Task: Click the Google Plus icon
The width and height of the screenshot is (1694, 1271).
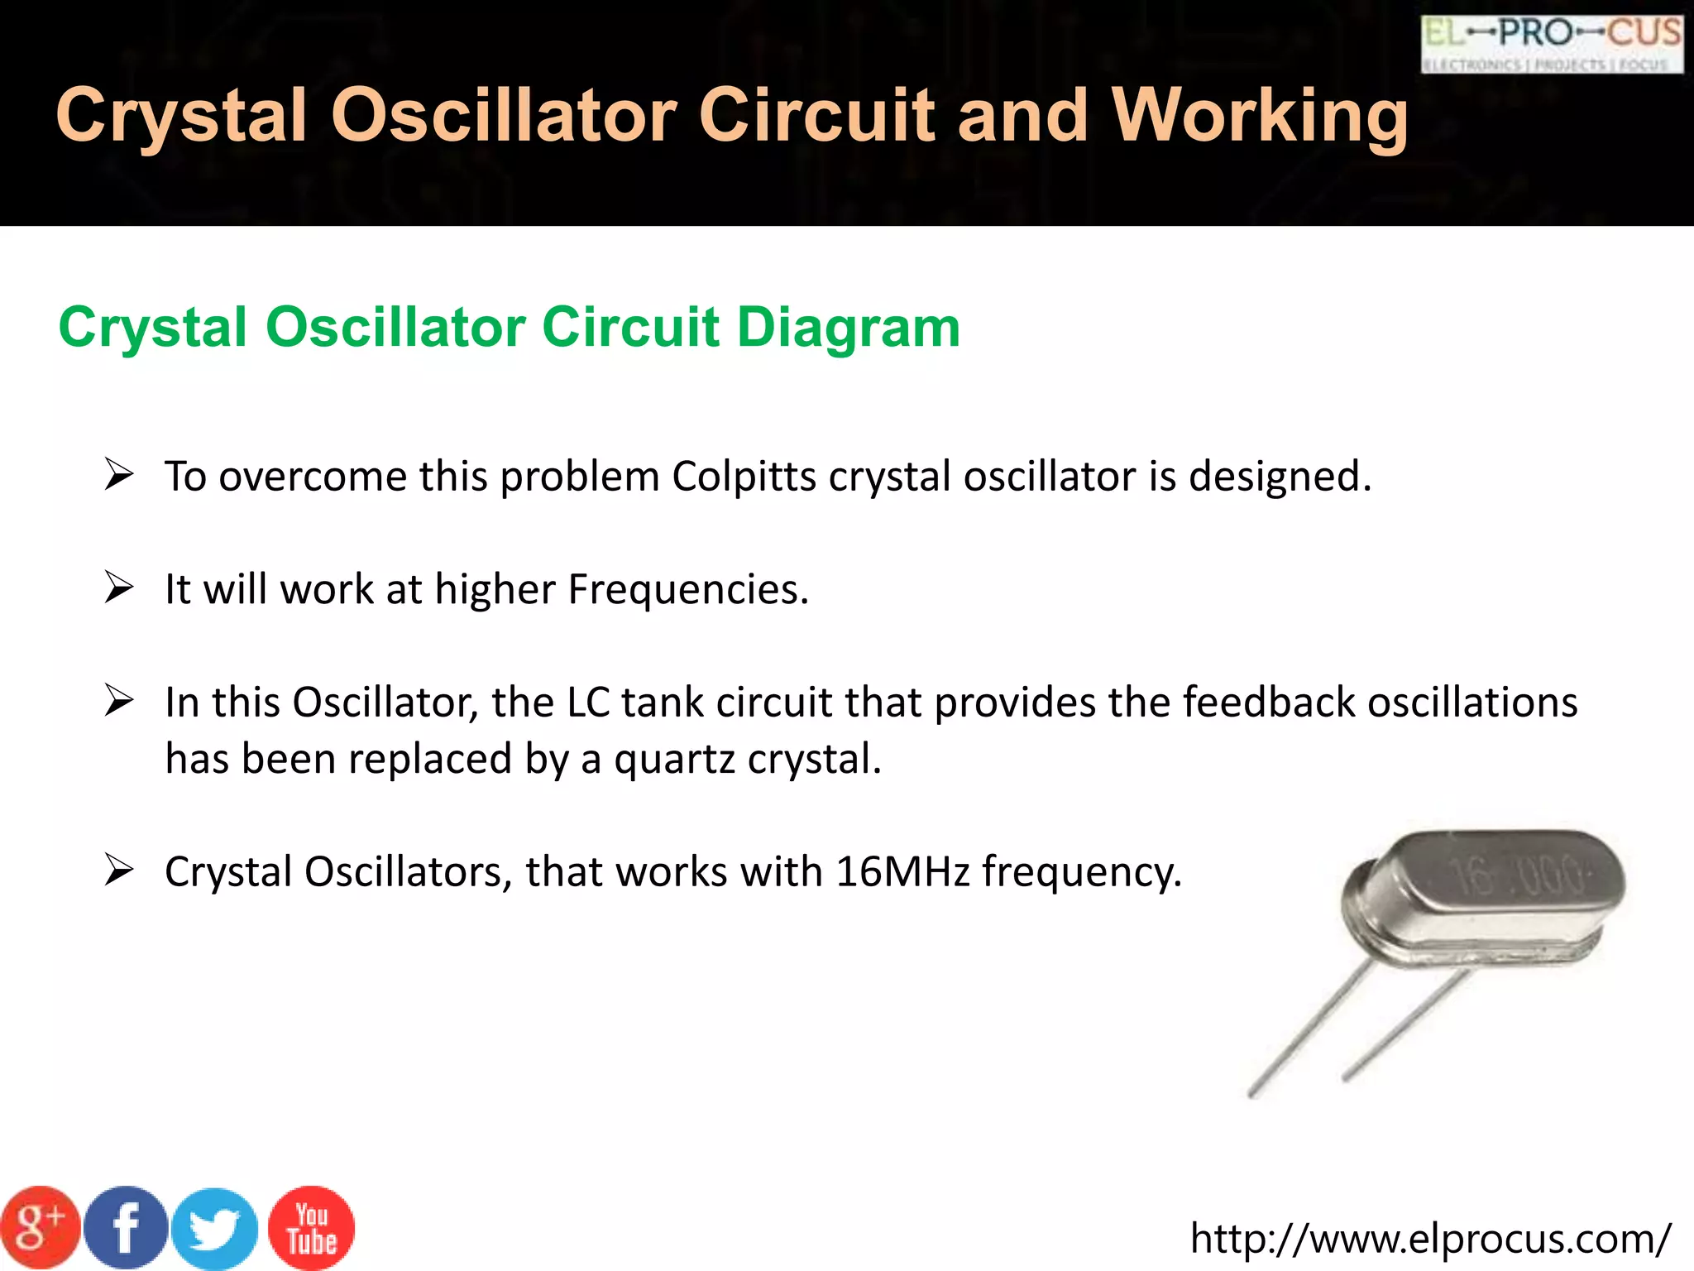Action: point(39,1228)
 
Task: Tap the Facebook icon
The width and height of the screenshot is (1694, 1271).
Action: point(126,1228)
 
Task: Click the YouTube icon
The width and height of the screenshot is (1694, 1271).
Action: point(312,1229)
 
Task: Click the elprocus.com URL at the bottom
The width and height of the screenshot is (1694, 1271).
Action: point(1430,1239)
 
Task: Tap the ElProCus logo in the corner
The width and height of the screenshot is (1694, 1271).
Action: point(1551,44)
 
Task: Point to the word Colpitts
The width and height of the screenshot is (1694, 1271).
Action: point(744,477)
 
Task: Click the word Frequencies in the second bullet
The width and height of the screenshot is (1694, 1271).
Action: point(687,590)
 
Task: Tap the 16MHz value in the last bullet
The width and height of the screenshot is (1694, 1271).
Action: point(902,872)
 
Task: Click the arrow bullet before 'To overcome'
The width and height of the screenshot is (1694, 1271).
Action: point(119,476)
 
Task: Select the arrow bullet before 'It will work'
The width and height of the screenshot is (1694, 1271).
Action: point(119,588)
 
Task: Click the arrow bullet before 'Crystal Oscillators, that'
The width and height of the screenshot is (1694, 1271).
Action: point(119,871)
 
